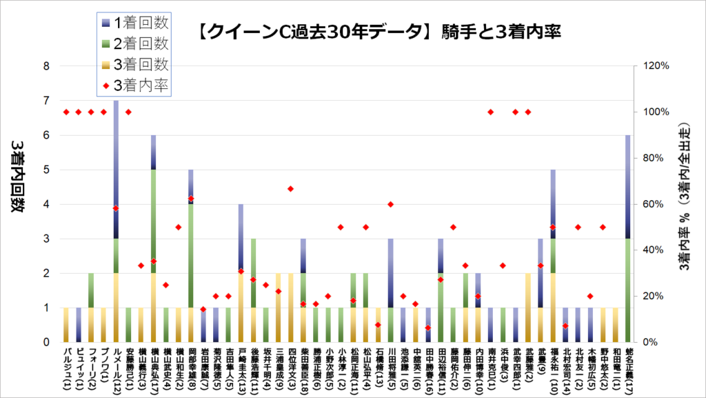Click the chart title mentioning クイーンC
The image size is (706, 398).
point(376,31)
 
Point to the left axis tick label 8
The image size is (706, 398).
point(46,66)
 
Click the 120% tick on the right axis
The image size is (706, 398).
point(654,66)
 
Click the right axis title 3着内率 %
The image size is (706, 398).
point(685,204)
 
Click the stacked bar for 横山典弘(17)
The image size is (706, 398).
point(154,238)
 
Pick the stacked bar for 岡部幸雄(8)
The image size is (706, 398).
point(191,255)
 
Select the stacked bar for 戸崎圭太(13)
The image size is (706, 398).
point(241,272)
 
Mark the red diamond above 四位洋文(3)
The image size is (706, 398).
point(291,189)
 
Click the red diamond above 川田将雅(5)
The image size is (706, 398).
point(390,204)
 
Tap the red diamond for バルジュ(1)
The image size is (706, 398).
point(66,112)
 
